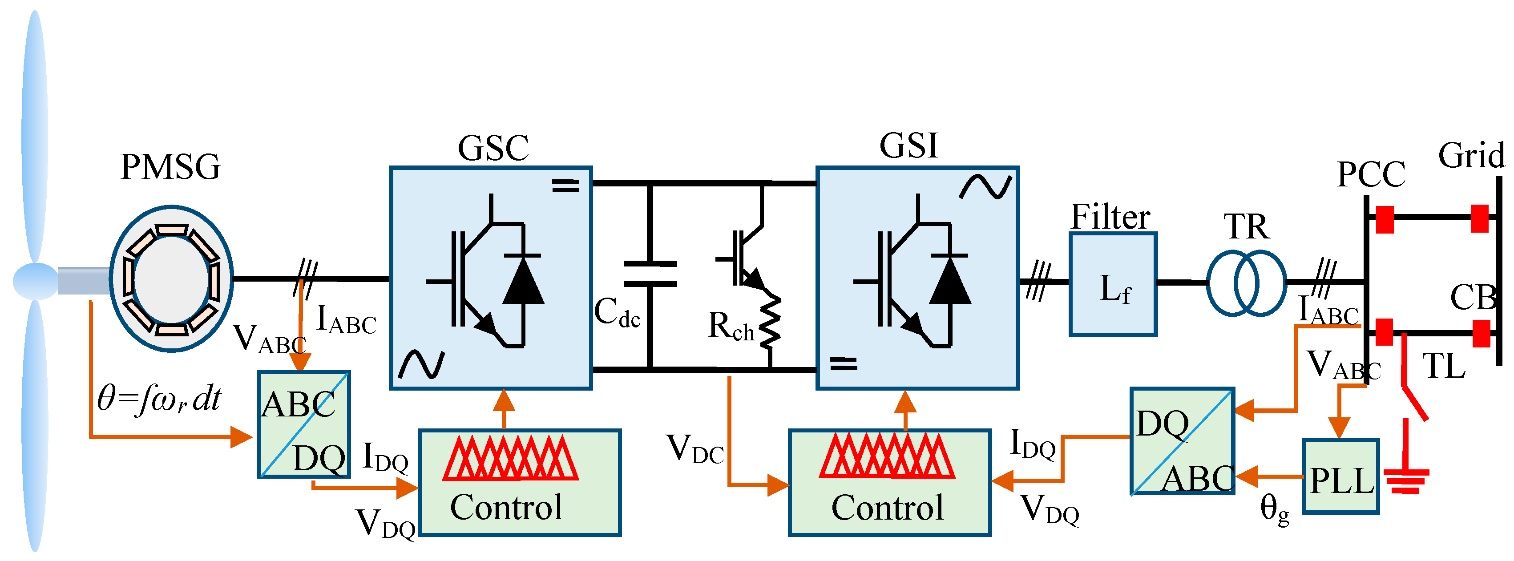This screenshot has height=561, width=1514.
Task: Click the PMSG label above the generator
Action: tap(170, 167)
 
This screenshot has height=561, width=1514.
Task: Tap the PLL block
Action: tap(1340, 476)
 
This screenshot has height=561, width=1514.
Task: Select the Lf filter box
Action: tap(1113, 284)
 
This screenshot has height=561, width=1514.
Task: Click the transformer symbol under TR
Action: tap(1246, 283)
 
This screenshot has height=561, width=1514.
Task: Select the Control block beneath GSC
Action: tap(520, 482)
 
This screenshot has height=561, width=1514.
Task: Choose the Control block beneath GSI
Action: tap(889, 482)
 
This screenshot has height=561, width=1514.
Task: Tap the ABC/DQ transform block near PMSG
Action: tap(304, 424)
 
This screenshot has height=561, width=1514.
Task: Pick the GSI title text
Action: tap(908, 145)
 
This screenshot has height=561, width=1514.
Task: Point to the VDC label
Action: tap(694, 450)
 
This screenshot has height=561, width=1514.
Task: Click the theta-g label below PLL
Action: tap(1274, 509)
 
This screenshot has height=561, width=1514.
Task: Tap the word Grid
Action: tap(1471, 156)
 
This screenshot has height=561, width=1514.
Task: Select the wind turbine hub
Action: tap(35, 281)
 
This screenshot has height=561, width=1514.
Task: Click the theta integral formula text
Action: tap(159, 400)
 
